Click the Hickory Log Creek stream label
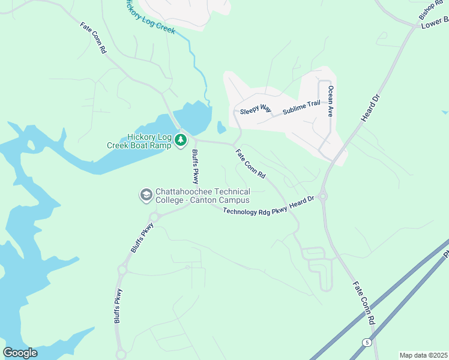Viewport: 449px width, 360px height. click(150, 17)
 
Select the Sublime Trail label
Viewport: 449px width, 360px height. click(302, 105)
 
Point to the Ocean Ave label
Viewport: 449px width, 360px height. click(330, 101)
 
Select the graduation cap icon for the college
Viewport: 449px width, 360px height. click(145, 195)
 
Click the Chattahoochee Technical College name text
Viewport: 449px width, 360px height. click(202, 196)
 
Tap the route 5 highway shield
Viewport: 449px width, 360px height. click(366, 342)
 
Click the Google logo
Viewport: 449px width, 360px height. click(20, 353)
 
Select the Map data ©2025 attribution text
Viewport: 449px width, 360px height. click(423, 355)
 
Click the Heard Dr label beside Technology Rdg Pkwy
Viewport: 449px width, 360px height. click(302, 203)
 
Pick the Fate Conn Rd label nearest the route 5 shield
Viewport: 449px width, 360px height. click(364, 304)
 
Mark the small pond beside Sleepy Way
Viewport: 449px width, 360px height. click(221, 127)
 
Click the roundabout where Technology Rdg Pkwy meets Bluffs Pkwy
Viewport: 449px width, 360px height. click(153, 217)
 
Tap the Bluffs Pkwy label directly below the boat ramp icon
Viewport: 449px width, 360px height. click(196, 167)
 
